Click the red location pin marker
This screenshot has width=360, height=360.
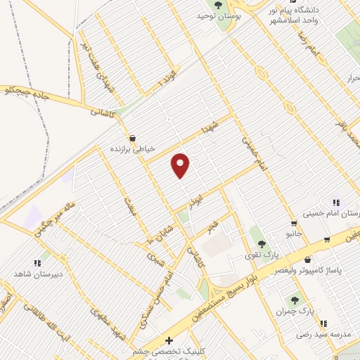(181, 165)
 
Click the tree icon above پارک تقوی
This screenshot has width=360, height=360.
(262, 243)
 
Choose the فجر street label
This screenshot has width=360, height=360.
(212, 227)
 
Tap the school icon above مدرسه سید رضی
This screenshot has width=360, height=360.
(323, 323)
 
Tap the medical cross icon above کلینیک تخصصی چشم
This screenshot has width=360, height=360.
(168, 340)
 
